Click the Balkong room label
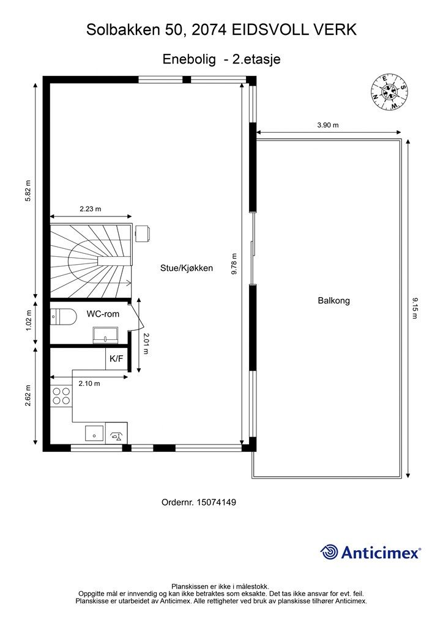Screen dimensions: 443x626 [333, 300]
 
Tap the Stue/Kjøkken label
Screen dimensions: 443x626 [187, 268]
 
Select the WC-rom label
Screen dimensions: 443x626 [103, 314]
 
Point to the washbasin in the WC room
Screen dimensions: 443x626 [106, 334]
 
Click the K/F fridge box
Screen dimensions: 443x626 [116, 358]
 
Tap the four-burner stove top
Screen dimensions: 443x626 [61, 396]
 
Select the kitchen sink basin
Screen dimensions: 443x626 [95, 433]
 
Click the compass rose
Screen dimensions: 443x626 [389, 92]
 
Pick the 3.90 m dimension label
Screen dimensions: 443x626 [328, 125]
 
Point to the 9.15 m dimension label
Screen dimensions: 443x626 [415, 308]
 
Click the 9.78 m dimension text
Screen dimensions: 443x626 [234, 264]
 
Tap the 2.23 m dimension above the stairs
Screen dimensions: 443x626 [91, 208]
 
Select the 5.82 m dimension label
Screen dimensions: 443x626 [28, 191]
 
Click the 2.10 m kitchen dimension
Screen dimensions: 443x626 [89, 383]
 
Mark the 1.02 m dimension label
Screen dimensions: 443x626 [28, 321]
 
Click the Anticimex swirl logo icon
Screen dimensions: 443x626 [329, 552]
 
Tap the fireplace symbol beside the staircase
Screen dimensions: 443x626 [142, 234]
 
